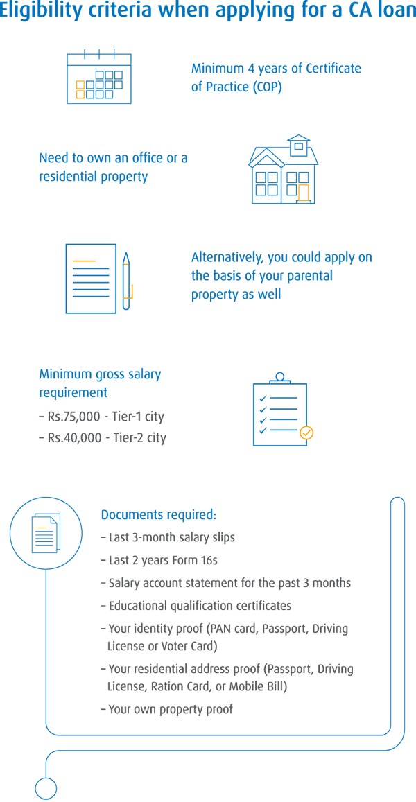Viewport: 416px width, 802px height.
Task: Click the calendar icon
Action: pos(98,77)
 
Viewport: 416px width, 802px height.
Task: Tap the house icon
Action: pos(283,171)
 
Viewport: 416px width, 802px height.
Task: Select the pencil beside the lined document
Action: pos(126,281)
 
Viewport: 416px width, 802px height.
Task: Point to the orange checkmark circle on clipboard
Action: pos(306,433)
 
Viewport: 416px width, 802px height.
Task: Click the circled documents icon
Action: pos(46,533)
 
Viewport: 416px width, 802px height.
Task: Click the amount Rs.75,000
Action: pos(78,417)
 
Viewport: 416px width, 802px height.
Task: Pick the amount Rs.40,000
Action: pos(78,438)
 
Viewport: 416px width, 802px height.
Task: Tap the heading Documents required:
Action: pos(159,515)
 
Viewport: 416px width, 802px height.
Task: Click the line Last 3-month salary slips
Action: pos(171,538)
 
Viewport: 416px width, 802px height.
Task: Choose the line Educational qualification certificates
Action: pos(200,606)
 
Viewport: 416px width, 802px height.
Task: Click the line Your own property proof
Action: pos(171,709)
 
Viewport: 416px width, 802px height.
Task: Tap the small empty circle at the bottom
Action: pos(46,788)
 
